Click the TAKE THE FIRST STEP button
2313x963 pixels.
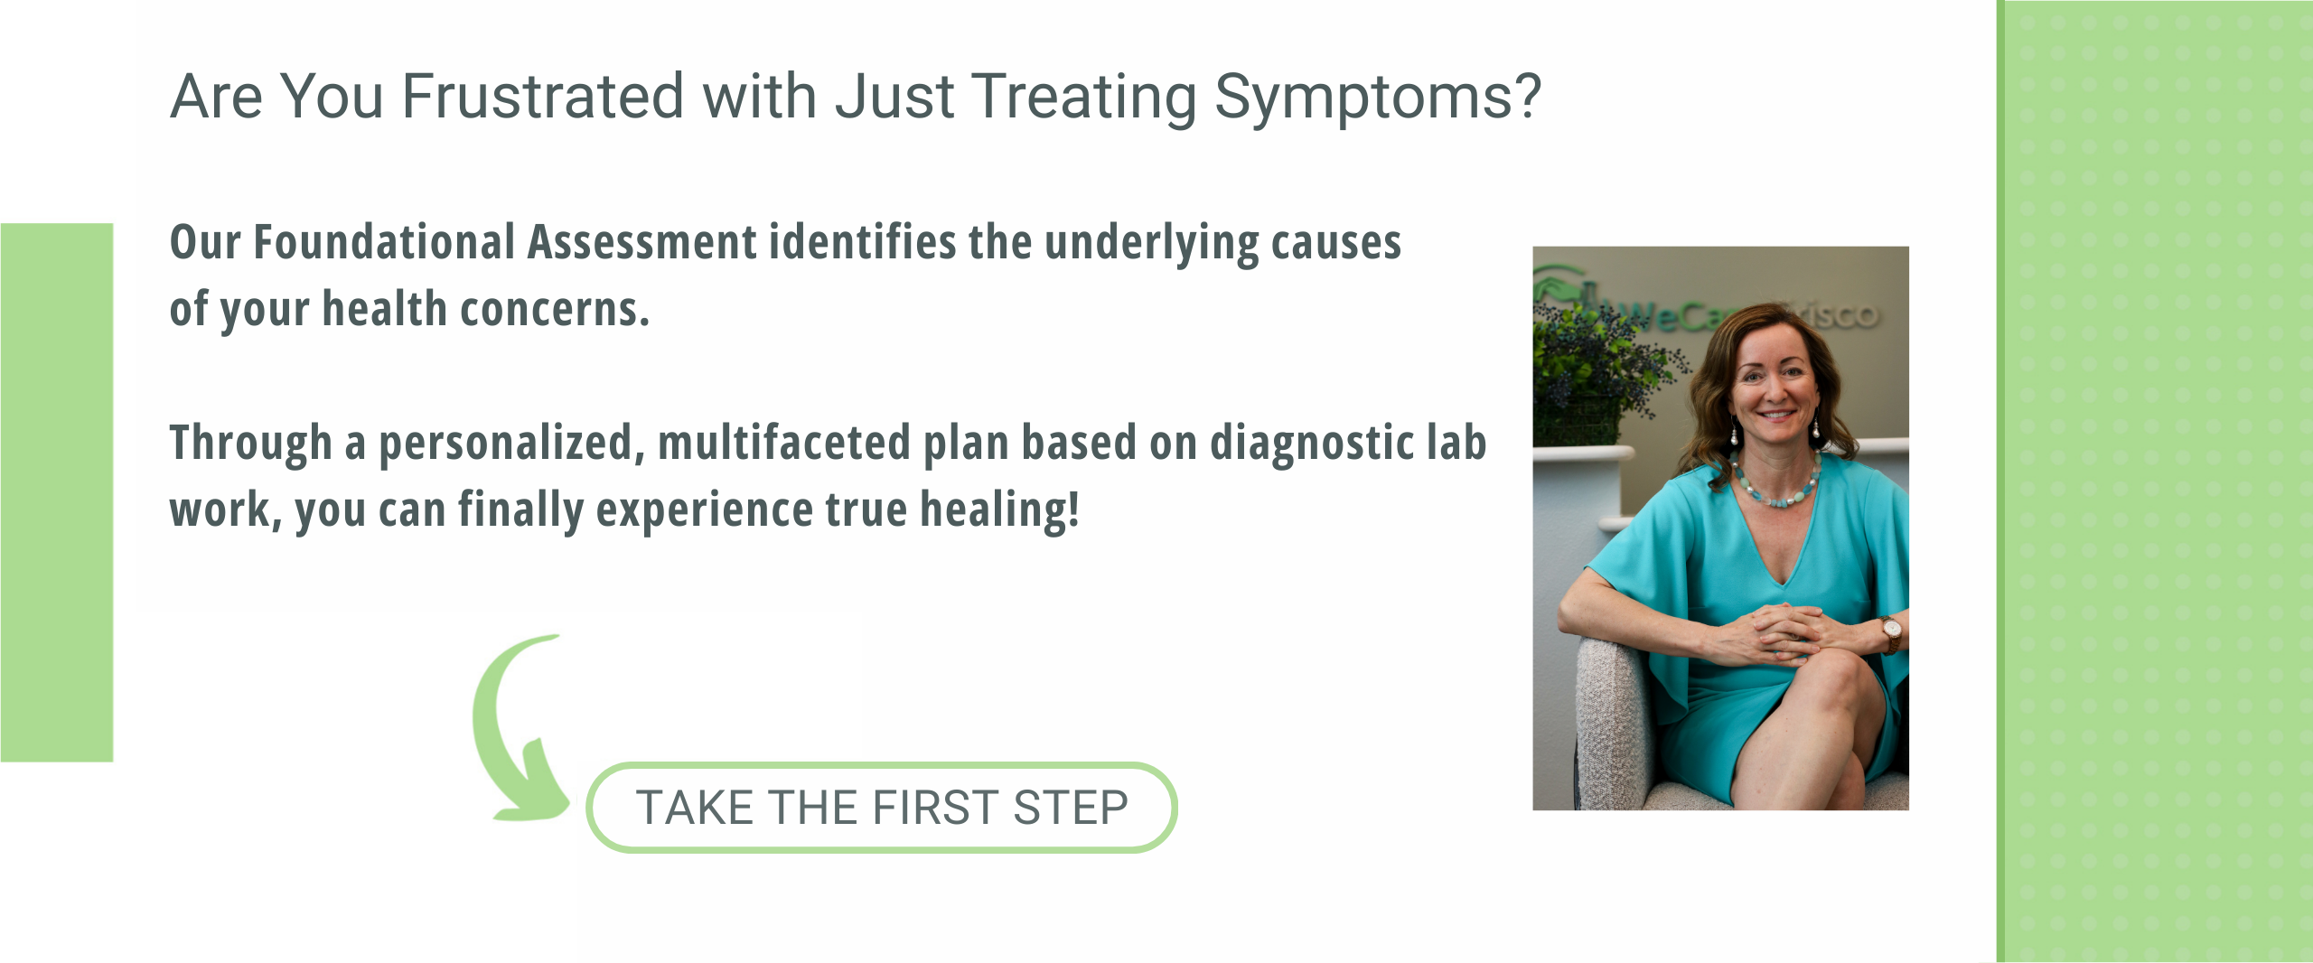pyautogui.click(x=881, y=807)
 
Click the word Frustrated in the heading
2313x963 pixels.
pyautogui.click(x=543, y=97)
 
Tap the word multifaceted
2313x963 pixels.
pyautogui.click(x=784, y=443)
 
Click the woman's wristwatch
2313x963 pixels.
pyautogui.click(x=1890, y=633)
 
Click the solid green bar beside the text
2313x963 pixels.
pyautogui.click(x=57, y=492)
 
